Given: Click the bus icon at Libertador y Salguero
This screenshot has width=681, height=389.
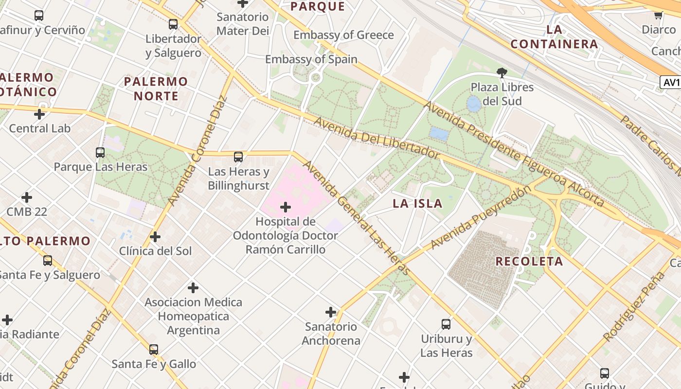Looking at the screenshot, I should pyautogui.click(x=173, y=24).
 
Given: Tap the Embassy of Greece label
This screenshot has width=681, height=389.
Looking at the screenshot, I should pyautogui.click(x=343, y=35).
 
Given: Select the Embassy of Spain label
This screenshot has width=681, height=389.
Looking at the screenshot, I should pyautogui.click(x=311, y=59).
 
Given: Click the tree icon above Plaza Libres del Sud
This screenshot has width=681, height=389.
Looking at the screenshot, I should pyautogui.click(x=502, y=73).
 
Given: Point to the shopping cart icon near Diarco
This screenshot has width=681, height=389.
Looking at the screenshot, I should pyautogui.click(x=659, y=15).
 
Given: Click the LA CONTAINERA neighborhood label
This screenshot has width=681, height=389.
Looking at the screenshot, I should pyautogui.click(x=554, y=37).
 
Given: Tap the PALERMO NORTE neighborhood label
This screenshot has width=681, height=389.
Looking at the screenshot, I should pyautogui.click(x=156, y=88).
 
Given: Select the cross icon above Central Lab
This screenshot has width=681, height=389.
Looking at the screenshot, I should pyautogui.click(x=39, y=114).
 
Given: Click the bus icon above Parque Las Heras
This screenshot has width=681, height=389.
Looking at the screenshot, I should pyautogui.click(x=100, y=153).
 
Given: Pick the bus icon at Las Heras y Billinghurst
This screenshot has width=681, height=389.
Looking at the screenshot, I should pyautogui.click(x=238, y=157).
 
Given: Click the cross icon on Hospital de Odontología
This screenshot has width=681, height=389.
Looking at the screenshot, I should pyautogui.click(x=286, y=208).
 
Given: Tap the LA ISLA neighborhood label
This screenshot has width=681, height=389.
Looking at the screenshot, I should pyautogui.click(x=417, y=204).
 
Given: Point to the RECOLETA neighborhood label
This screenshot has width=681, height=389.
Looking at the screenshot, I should pyautogui.click(x=529, y=261).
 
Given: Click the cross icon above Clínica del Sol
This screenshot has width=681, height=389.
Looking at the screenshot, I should pyautogui.click(x=155, y=237).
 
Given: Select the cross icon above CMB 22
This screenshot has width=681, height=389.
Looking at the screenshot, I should pyautogui.click(x=27, y=197).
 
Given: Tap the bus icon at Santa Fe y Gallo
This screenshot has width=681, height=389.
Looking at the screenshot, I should pyautogui.click(x=154, y=349).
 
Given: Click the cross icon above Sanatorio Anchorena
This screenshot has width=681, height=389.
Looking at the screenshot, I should pyautogui.click(x=331, y=312).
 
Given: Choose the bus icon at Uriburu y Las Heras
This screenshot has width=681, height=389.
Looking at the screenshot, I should pyautogui.click(x=446, y=324).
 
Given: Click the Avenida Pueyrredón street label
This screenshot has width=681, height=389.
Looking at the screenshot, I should pyautogui.click(x=480, y=217).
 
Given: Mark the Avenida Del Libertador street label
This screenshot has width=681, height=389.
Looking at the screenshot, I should pyautogui.click(x=376, y=138).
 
